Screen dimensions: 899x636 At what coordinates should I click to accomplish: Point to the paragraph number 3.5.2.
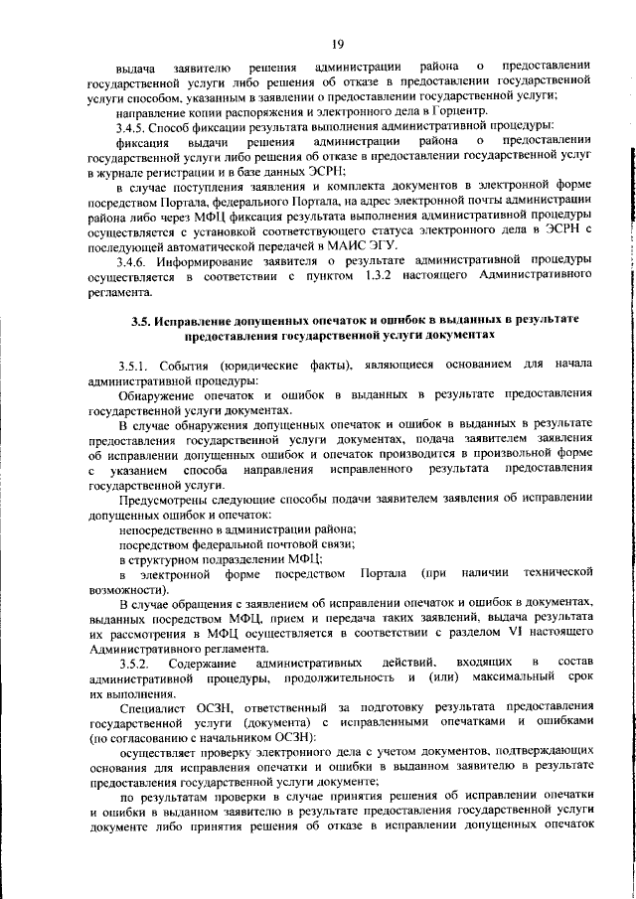pyautogui.click(x=133, y=662)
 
